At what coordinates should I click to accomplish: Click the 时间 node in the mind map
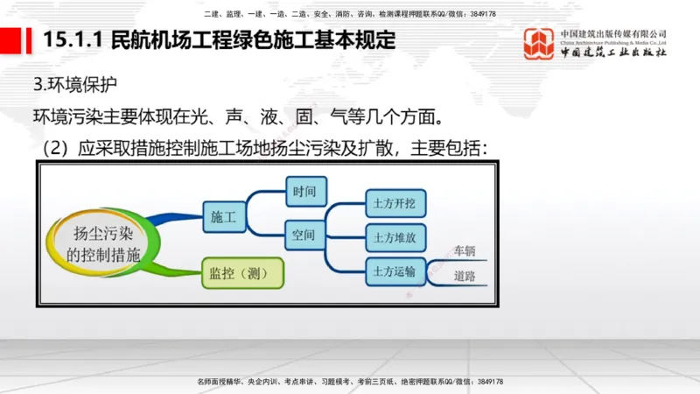tap(305, 191)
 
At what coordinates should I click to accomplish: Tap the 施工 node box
tap(225, 215)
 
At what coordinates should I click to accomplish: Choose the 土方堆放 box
tap(394, 237)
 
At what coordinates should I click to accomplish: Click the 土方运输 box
tap(394, 271)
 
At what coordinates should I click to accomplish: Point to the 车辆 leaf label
tap(464, 252)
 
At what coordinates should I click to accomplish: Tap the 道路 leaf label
tap(464, 277)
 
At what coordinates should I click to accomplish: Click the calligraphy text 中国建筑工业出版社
tap(613, 53)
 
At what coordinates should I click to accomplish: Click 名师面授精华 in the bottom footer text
tap(219, 382)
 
